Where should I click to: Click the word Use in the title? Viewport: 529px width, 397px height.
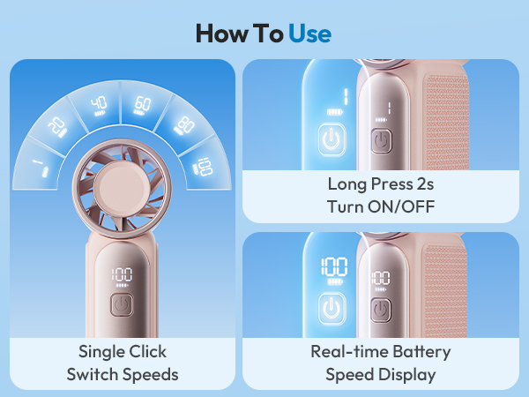[310, 34]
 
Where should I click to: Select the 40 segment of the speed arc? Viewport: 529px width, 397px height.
[99, 104]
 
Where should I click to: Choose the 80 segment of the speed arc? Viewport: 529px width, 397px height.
[184, 124]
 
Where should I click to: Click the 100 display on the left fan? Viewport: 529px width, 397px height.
[122, 274]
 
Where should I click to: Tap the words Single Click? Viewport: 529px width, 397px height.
[123, 352]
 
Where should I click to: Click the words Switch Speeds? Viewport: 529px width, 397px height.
[123, 374]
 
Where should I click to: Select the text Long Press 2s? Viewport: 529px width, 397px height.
[380, 185]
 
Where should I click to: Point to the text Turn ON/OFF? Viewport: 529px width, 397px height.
[380, 207]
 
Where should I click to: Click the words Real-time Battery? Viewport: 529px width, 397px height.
[380, 352]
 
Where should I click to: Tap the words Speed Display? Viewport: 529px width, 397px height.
[380, 374]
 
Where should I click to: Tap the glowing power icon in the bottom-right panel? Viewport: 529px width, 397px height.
[332, 307]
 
